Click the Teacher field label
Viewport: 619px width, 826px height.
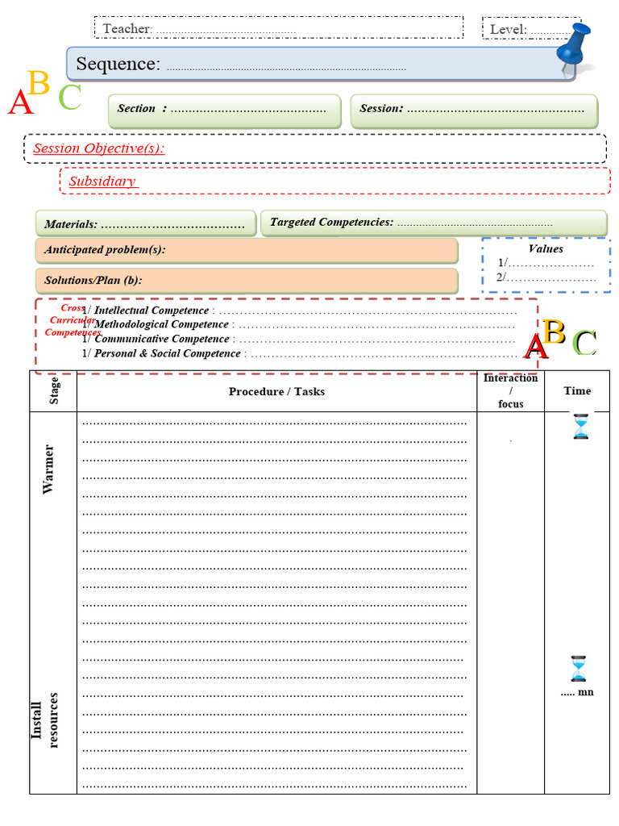pos(127,29)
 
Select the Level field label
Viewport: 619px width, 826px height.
pos(509,30)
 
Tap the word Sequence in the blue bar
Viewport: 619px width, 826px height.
pos(118,65)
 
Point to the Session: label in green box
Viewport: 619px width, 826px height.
pos(381,109)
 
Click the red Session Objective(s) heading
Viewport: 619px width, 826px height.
pos(98,148)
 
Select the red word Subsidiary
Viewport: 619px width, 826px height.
pos(102,181)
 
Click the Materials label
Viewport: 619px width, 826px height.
pos(71,224)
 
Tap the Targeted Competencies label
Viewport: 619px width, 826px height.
pos(331,222)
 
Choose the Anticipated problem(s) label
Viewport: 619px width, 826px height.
pos(105,250)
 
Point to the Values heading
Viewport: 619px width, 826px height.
pos(546,249)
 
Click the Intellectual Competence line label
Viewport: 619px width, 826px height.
pos(152,311)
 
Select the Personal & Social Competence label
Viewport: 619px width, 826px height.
pos(168,353)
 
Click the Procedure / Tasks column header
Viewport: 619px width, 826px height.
pos(276,391)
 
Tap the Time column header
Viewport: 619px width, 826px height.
pos(577,391)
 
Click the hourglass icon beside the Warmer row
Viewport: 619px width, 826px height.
pos(580,426)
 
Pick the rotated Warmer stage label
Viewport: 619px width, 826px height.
pos(49,469)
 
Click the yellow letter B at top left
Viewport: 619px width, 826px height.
pos(38,83)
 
